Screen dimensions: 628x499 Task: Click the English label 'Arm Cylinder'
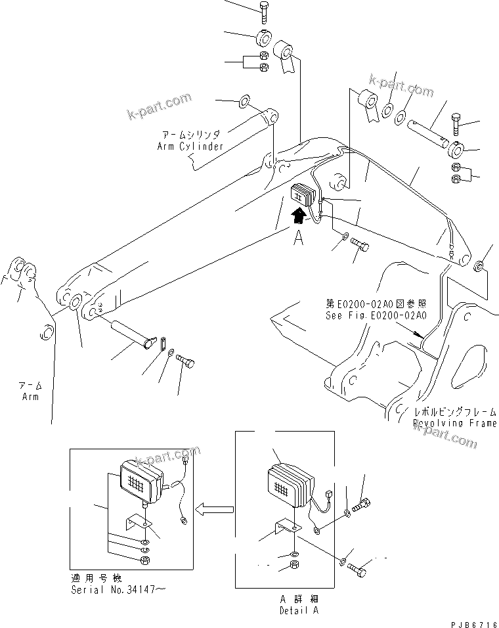(190, 146)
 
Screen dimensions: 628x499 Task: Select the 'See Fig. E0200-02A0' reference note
(376, 315)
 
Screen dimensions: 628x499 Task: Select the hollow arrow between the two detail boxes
(215, 508)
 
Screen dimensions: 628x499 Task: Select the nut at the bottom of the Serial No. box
(144, 559)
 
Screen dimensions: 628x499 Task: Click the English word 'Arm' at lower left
(30, 397)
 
